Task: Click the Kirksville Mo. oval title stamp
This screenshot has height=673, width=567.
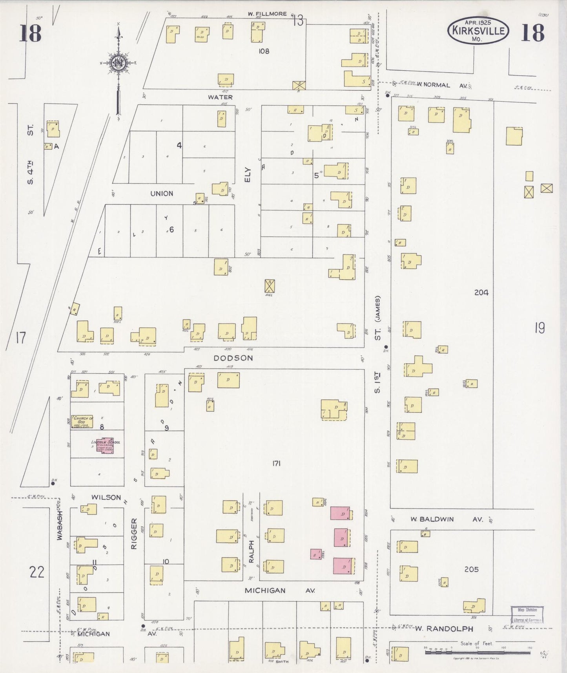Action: point(478,30)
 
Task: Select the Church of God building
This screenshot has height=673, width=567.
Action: point(82,421)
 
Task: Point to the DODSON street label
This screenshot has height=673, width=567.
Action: point(233,358)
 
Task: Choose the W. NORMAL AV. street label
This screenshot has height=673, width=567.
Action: point(439,85)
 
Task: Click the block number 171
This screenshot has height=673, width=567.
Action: point(276,464)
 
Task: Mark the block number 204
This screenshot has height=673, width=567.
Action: point(481,292)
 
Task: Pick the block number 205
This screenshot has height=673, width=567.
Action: point(471,569)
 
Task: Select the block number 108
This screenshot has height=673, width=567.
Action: point(264,51)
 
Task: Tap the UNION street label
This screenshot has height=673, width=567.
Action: point(162,194)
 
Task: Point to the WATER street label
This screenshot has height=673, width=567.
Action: point(220,97)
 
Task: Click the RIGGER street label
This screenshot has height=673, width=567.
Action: point(134,534)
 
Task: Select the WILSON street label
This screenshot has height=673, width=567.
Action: point(106,497)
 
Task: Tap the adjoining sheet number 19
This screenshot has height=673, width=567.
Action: point(540,328)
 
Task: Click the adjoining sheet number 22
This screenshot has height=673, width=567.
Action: point(37,572)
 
